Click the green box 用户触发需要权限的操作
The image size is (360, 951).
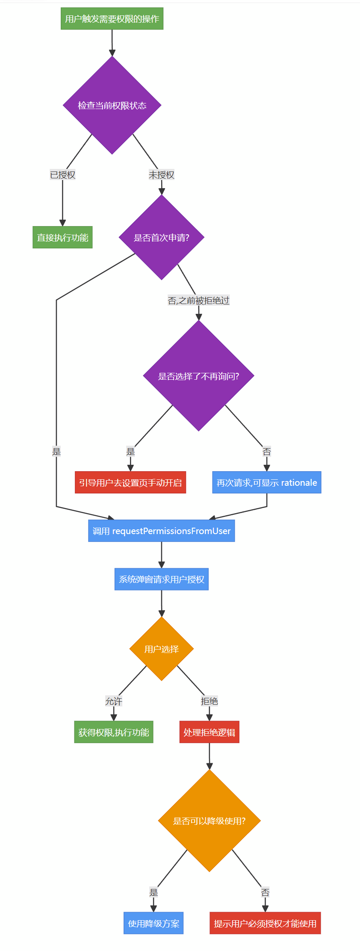click(112, 19)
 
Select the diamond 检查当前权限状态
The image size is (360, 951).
click(112, 105)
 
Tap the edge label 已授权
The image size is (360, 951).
click(62, 175)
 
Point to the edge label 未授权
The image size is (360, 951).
click(162, 175)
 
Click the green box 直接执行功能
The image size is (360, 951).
click(62, 237)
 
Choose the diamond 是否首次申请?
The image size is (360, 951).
click(162, 237)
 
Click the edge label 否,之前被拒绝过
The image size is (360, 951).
click(199, 301)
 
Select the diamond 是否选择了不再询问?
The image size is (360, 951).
click(199, 376)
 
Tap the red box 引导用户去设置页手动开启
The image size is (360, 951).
click(130, 482)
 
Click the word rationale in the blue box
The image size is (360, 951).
click(299, 483)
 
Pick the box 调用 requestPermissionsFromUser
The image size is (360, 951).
click(162, 531)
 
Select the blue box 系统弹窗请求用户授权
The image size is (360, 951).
click(162, 579)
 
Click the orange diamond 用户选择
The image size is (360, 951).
click(162, 649)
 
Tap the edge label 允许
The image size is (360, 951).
click(114, 701)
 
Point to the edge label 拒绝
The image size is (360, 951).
click(210, 701)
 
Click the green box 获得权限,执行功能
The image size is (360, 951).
click(114, 732)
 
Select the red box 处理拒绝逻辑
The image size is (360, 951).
click(210, 732)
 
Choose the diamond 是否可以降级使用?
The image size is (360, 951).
click(210, 821)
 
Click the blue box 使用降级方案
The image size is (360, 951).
click(153, 923)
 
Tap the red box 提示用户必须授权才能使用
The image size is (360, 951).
click(265, 923)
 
